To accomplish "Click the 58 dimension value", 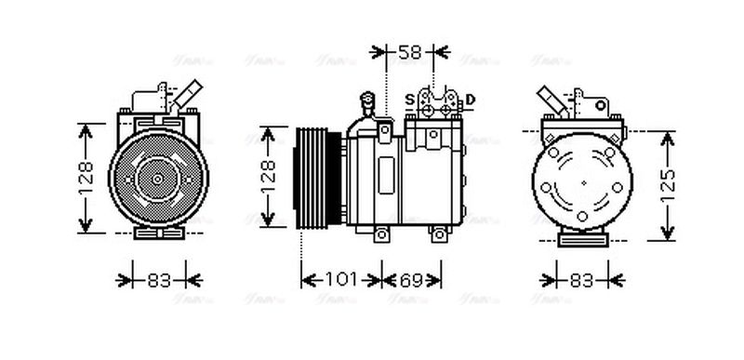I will (x=410, y=52).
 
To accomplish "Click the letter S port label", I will (x=409, y=100).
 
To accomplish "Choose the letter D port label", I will (x=471, y=100).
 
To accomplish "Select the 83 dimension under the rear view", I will (x=582, y=278).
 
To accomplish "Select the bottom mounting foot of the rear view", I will (x=583, y=238).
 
